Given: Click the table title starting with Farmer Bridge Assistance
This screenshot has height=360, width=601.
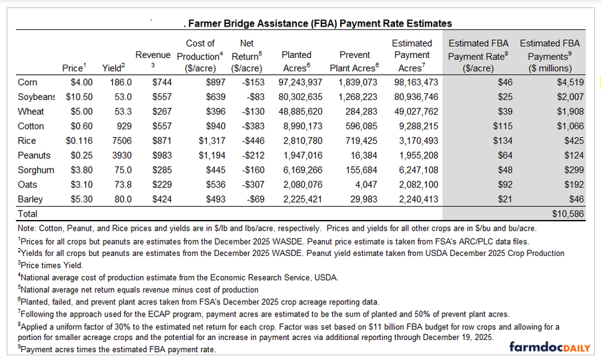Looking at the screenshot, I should click(x=320, y=24).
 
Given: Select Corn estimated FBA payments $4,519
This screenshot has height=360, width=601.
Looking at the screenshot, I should click(x=568, y=82).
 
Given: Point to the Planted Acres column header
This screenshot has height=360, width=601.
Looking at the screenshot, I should click(x=296, y=61).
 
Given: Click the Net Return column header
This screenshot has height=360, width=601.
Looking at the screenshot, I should click(x=247, y=55).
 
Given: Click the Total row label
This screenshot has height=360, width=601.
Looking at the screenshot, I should click(x=28, y=214).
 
